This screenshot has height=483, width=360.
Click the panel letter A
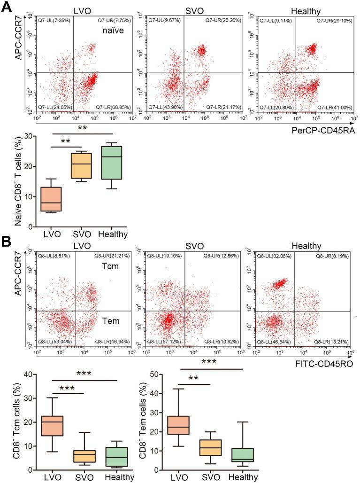tap(7, 7)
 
